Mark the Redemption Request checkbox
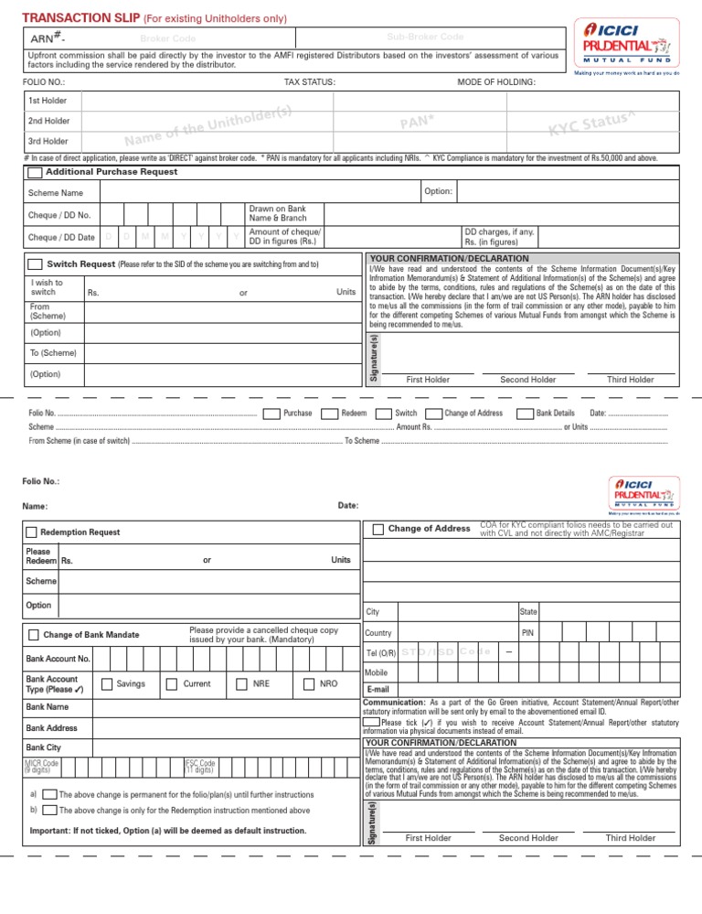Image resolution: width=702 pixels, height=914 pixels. tap(32, 532)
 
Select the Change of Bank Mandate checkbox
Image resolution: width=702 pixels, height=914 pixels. tap(32, 635)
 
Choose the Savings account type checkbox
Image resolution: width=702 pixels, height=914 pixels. tap(107, 683)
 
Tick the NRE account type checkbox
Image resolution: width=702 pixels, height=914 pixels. tap(240, 683)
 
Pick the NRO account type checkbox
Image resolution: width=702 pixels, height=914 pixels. tap(308, 683)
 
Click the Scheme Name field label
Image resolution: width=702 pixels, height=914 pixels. tap(55, 193)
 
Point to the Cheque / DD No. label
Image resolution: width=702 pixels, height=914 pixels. tap(59, 216)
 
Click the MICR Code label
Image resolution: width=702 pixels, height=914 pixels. tap(42, 763)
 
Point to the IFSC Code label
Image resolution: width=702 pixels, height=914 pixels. tap(200, 763)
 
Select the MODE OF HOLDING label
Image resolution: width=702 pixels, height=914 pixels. tap(495, 83)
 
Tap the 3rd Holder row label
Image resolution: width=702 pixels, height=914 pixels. tap(48, 141)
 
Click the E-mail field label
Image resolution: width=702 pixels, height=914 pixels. tap(378, 689)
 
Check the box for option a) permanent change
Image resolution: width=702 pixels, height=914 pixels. tap(50, 794)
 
